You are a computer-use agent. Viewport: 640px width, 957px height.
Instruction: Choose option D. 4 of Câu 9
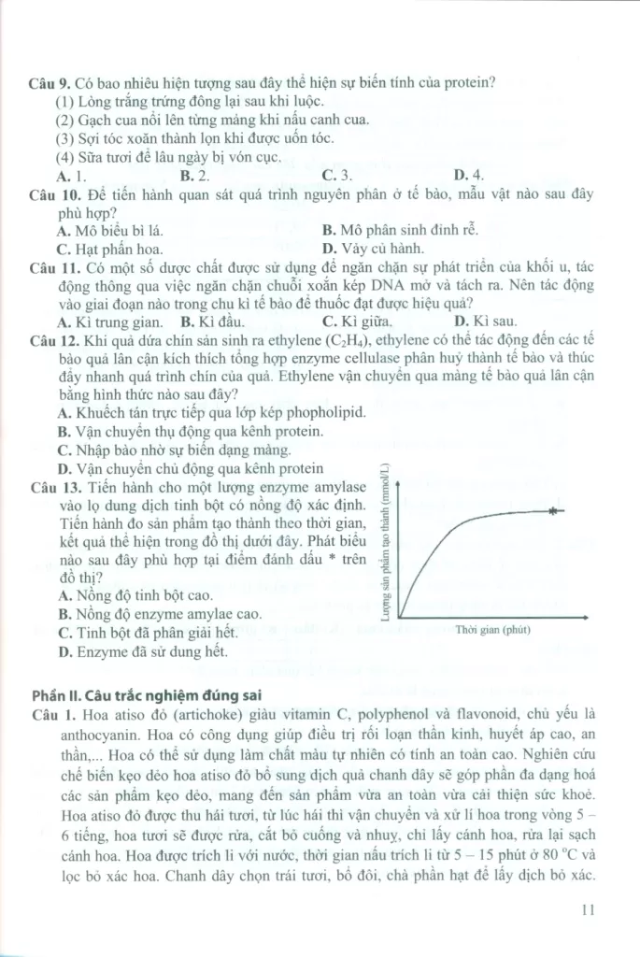pyautogui.click(x=468, y=175)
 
